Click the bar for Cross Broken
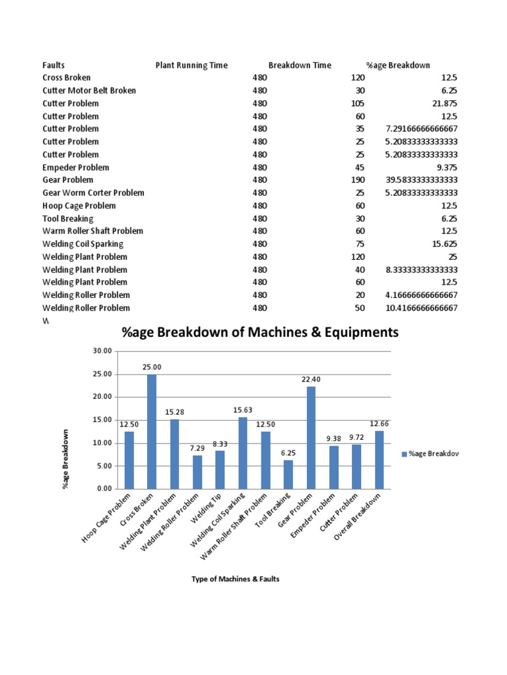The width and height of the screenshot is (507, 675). (x=152, y=432)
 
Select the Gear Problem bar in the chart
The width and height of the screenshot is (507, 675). (x=311, y=438)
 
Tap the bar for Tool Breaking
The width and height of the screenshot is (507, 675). (x=288, y=475)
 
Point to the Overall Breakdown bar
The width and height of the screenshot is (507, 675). (x=379, y=459)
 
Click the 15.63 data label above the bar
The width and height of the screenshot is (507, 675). (x=243, y=410)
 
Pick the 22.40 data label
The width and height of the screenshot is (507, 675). (x=311, y=379)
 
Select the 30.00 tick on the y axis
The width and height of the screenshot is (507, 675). (x=102, y=351)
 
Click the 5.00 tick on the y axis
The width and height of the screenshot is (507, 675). (x=104, y=466)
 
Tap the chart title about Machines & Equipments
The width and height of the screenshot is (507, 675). (x=260, y=333)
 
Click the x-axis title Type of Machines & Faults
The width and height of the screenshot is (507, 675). (x=236, y=579)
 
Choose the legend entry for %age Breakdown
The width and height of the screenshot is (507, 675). (x=429, y=454)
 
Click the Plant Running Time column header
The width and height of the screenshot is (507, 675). (x=191, y=65)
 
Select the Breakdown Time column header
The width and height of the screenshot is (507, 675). (x=300, y=65)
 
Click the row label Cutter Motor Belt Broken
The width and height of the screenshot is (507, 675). (x=89, y=90)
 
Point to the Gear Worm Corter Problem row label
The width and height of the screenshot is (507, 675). (x=93, y=192)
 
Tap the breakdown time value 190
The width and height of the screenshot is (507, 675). (x=359, y=180)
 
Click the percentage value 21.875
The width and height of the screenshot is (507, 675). (x=442, y=103)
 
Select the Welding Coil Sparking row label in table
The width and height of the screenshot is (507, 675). (x=83, y=244)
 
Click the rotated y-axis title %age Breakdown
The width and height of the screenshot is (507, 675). (x=65, y=458)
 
